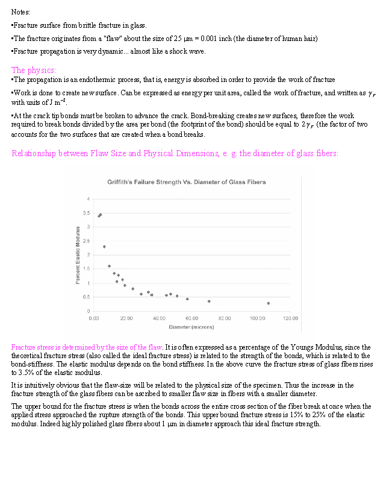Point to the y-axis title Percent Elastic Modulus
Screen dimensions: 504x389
[x=78, y=256]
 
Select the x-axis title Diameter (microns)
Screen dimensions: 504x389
[x=191, y=327]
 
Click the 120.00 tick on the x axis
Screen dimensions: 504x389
[x=290, y=318]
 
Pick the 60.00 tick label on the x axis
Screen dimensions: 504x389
[x=192, y=318]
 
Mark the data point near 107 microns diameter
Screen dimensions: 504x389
[x=269, y=303]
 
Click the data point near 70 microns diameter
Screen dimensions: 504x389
[x=209, y=301]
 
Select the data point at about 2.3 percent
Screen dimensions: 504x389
[x=104, y=247]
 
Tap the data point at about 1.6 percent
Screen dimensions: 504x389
[x=109, y=266]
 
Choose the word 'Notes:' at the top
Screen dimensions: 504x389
[x=21, y=12]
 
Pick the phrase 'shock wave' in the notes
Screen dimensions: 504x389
[x=189, y=52]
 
